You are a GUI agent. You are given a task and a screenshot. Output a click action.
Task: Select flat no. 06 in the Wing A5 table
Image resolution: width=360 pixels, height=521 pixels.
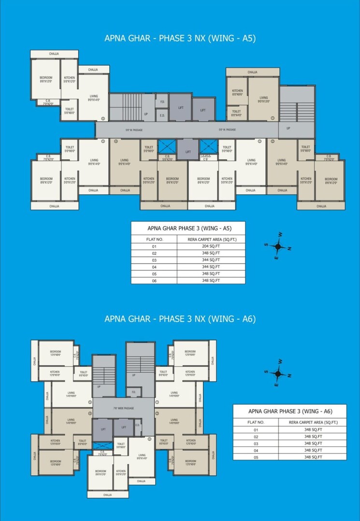155,280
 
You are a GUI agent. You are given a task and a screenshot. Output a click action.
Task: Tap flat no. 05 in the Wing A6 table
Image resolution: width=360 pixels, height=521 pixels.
256,456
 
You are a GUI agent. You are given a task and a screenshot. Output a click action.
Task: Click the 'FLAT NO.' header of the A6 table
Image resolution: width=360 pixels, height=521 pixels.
256,422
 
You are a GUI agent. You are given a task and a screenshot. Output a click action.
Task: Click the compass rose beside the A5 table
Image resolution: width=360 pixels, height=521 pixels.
278,246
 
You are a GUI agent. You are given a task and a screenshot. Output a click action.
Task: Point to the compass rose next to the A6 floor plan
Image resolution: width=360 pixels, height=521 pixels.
277,373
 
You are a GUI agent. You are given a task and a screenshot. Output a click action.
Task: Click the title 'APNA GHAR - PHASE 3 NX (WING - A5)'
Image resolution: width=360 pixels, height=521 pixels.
180,39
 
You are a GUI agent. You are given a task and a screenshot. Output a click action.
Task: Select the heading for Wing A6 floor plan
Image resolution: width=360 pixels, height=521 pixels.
180,319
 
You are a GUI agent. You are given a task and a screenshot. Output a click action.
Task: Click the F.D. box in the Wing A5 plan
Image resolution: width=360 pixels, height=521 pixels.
162,102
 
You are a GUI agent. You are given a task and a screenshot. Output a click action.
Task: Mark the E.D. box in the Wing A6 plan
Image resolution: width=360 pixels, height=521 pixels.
137,425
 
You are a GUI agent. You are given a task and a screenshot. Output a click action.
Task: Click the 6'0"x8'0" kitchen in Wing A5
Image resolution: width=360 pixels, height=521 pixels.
237,93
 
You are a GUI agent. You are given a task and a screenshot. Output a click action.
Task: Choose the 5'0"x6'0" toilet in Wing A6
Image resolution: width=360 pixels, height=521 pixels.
121,445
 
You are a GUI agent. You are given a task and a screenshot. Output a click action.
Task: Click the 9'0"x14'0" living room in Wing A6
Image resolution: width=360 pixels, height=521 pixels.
142,456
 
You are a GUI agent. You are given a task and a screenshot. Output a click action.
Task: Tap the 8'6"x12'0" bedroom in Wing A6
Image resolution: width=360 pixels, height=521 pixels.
101,472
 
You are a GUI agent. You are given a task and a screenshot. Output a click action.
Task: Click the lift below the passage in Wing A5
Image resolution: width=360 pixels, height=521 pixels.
188,152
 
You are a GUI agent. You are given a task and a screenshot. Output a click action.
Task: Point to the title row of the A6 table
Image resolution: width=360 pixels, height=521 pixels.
290,411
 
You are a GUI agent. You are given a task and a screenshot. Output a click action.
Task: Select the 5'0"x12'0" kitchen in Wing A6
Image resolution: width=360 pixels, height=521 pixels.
121,472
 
